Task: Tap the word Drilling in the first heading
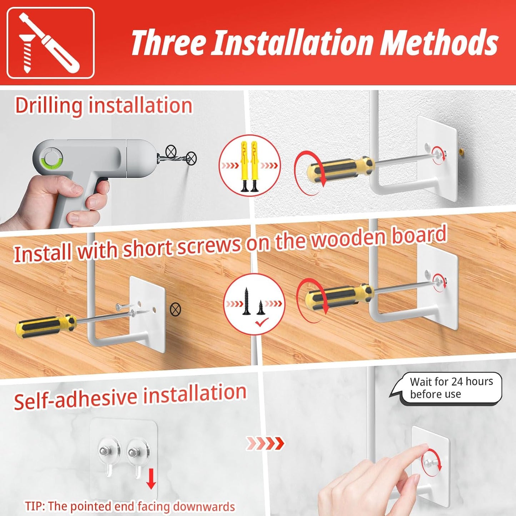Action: (49, 106)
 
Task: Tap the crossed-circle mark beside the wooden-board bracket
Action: (175, 309)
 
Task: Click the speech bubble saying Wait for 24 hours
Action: (446, 388)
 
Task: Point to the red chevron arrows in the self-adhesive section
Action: (265, 444)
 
